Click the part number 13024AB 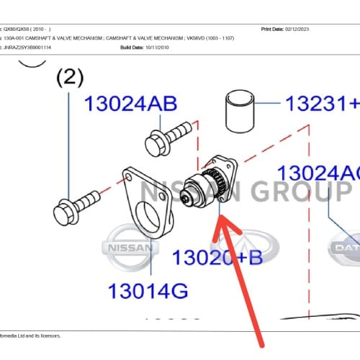tap(130, 104)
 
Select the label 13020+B tap(217, 257)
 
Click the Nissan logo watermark tap(130, 247)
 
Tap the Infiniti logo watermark tap(243, 248)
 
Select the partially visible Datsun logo tap(346, 248)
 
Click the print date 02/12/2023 tap(307, 30)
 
